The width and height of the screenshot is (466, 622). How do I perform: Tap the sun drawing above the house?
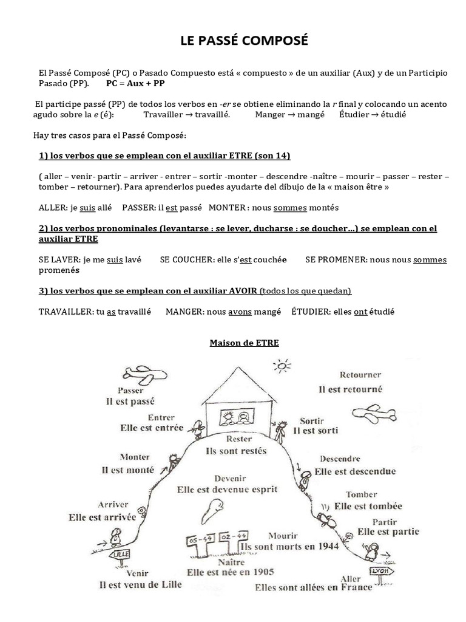(282, 366)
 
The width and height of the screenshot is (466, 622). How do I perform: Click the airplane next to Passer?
(139, 375)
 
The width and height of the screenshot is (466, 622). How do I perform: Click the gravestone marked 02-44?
(234, 536)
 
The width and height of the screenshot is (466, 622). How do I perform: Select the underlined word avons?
(240, 312)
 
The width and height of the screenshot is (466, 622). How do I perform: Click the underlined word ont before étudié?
(361, 312)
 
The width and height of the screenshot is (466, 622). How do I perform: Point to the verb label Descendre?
(340, 459)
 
